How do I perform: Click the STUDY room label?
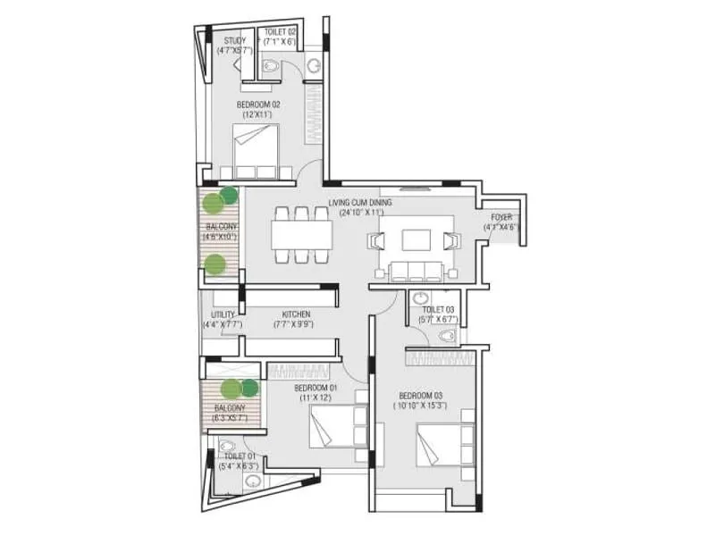(x=235, y=40)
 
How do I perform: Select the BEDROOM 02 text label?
(x=258, y=105)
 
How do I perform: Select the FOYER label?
(x=501, y=217)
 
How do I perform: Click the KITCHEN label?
(x=296, y=314)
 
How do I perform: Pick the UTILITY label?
(x=223, y=314)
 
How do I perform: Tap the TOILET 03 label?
(x=436, y=309)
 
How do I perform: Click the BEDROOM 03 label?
(x=421, y=395)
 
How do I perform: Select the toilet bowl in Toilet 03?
(x=447, y=336)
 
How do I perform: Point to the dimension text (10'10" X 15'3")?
(x=421, y=405)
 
